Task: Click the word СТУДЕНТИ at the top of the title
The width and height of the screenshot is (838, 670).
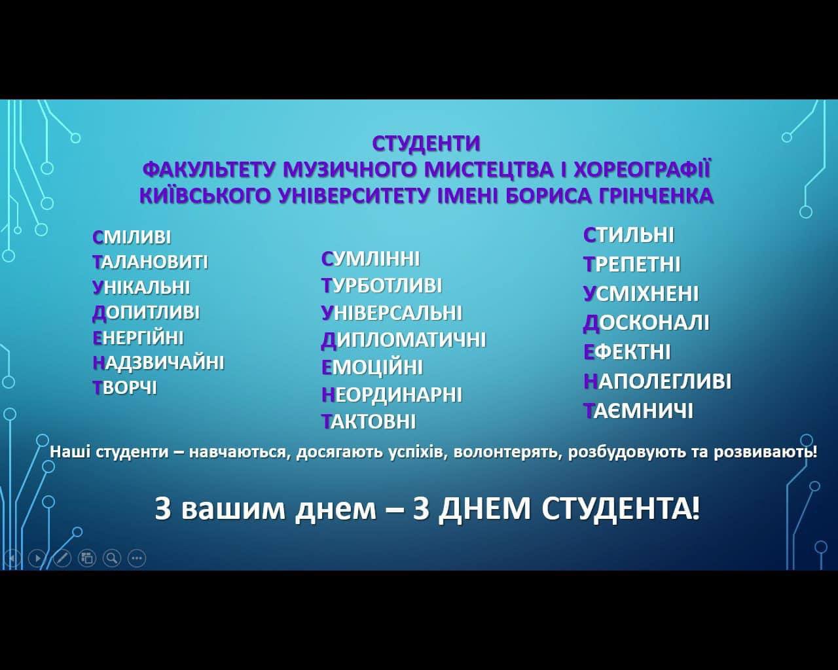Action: (x=426, y=143)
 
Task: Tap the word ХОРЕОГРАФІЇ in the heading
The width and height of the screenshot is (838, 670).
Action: (x=642, y=169)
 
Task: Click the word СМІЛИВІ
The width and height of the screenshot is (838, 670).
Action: (x=132, y=237)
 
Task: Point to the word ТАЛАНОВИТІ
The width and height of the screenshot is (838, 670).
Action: (x=151, y=262)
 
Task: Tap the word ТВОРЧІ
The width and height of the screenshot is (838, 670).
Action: (x=124, y=388)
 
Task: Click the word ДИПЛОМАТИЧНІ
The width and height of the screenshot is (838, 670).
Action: (x=403, y=340)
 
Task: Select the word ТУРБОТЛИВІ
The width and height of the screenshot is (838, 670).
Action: (x=382, y=285)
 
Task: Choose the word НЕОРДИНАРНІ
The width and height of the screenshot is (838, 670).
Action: (x=392, y=395)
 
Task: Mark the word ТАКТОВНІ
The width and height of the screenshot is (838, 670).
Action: (x=369, y=421)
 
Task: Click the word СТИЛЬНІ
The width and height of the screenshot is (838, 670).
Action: (x=628, y=235)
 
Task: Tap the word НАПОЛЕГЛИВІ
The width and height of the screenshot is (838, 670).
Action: (x=657, y=381)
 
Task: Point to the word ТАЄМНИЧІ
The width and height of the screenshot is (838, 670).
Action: (x=638, y=411)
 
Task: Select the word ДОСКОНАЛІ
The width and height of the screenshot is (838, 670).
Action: (x=646, y=323)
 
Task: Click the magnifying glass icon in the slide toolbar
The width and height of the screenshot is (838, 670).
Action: (x=112, y=558)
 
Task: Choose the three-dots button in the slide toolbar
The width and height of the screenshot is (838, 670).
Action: (x=137, y=558)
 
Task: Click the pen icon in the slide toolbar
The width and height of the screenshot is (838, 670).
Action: (x=62, y=558)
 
